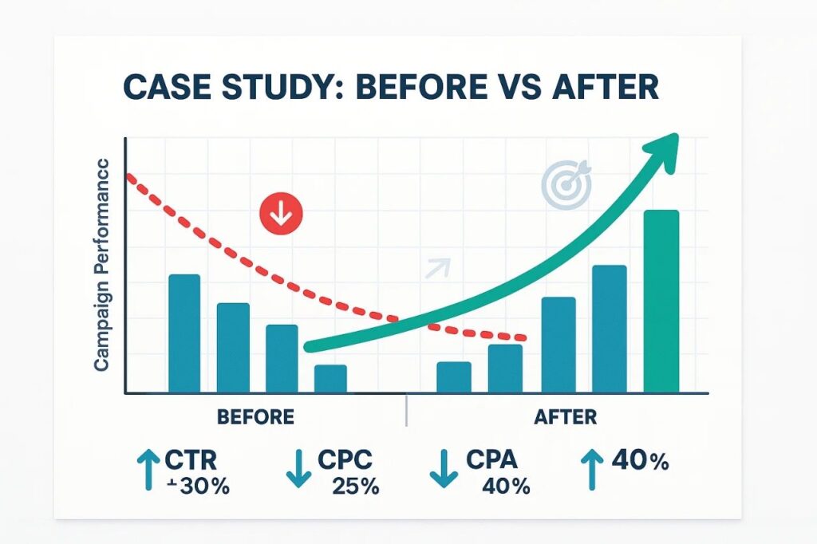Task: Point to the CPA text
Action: pos(492,460)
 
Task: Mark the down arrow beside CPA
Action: pos(443,469)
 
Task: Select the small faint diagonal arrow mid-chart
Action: pos(438,269)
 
